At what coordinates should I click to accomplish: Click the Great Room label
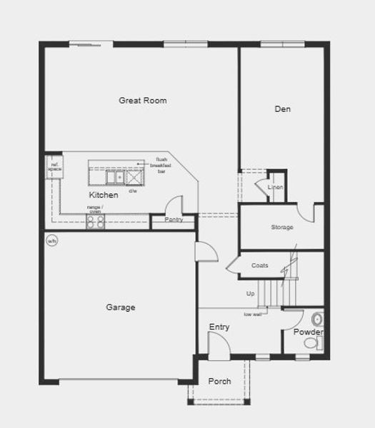coord(143,101)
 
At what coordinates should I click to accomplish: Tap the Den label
coord(283,109)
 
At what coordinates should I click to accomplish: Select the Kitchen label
coord(104,195)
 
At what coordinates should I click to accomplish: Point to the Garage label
coord(121,307)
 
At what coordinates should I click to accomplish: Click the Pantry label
coord(174,220)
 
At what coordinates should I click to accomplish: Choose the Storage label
coord(281,228)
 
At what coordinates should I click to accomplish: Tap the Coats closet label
coord(260,265)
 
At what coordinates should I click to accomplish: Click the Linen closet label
coord(275,188)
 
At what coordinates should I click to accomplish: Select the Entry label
coord(219,327)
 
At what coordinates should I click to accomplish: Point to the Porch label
coord(219,382)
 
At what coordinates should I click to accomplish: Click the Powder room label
coord(309,332)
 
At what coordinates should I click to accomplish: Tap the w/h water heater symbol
coord(51,241)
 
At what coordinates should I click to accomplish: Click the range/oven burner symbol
coord(96,221)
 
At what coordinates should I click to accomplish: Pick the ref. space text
coord(53,167)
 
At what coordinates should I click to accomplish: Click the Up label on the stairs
coord(250,294)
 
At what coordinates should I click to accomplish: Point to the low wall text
coord(252,315)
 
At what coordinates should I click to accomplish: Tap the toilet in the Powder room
coord(311,344)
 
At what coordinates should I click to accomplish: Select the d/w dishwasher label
coord(133,191)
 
